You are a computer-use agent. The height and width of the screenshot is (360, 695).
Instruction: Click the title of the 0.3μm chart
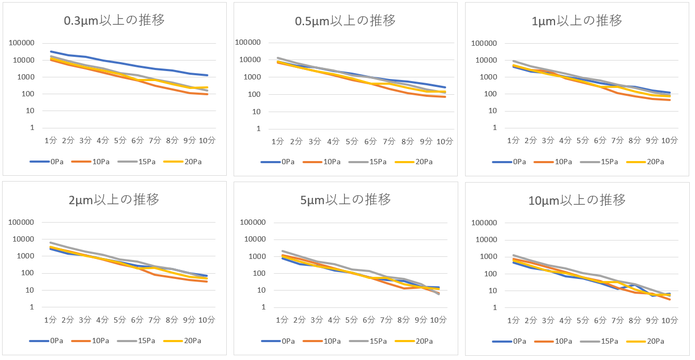pyautogui.click(x=114, y=21)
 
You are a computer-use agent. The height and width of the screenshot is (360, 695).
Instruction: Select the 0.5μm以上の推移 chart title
pyautogui.click(x=345, y=21)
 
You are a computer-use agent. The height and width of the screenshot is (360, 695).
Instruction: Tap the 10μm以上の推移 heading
pyautogui.click(x=577, y=200)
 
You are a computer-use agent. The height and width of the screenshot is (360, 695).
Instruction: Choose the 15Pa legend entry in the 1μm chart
pyautogui.click(x=605, y=162)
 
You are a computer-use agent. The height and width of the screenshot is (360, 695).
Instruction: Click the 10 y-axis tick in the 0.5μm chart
pyautogui.click(x=258, y=112)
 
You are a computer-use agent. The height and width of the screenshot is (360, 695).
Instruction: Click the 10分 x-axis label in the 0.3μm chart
pyautogui.click(x=206, y=141)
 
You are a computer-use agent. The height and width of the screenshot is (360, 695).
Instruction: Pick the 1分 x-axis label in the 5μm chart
pyautogui.click(x=283, y=320)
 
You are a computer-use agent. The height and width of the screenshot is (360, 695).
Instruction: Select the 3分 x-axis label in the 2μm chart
pyautogui.click(x=85, y=319)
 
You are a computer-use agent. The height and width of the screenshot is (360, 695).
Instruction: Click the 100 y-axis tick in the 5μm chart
pyautogui.click(x=255, y=273)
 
